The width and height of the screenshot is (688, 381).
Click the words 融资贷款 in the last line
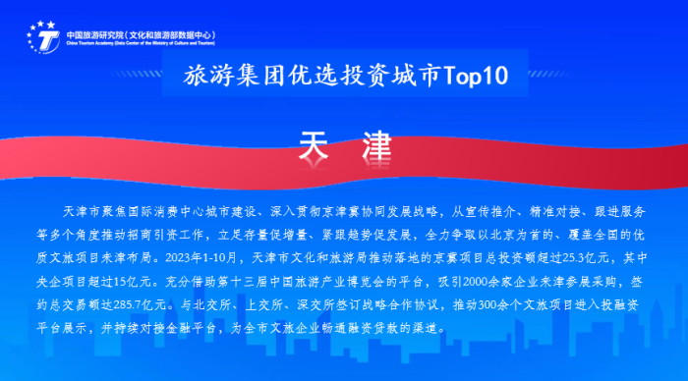[380, 323]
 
